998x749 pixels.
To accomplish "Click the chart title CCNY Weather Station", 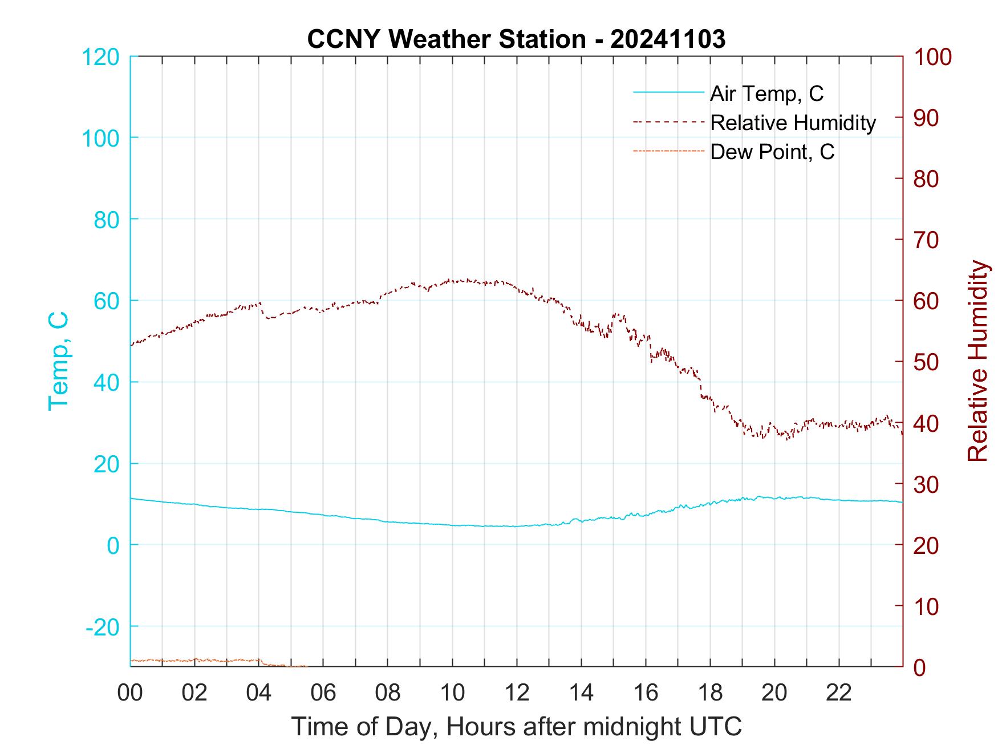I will click(516, 39).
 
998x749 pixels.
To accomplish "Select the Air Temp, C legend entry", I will click(766, 94).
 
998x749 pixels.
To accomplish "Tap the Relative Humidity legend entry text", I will click(793, 123).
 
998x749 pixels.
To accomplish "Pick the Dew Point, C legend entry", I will click(772, 152).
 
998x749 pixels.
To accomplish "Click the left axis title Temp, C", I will click(58, 361).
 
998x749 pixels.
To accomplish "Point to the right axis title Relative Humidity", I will click(977, 361).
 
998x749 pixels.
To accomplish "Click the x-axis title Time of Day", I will click(516, 727).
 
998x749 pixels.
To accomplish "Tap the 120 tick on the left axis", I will click(100, 57).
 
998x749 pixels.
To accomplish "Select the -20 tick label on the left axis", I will click(103, 627).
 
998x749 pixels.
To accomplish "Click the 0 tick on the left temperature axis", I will click(113, 545).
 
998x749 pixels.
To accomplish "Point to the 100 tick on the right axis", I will click(933, 57).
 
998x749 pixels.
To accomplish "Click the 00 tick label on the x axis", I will click(130, 693).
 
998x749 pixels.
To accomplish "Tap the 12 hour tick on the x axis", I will click(517, 693).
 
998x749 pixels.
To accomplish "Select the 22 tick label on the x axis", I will click(839, 693).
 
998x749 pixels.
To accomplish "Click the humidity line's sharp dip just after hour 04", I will click(267, 317).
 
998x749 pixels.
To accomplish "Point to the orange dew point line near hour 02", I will click(194, 659).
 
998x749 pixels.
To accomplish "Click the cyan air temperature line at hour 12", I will click(517, 526).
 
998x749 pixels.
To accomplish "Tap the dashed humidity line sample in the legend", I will click(668, 122).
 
